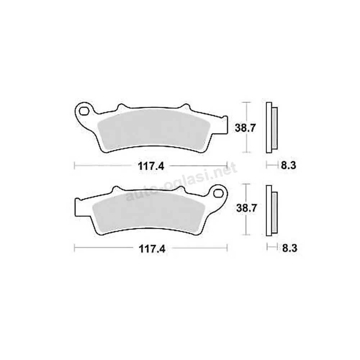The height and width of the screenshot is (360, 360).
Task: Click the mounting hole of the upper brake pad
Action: point(84,112)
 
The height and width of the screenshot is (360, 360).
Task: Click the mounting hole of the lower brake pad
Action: point(219,193)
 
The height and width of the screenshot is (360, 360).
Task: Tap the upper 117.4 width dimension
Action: point(151,166)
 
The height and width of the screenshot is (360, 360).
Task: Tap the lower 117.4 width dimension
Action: point(152,248)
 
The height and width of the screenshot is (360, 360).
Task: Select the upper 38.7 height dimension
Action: point(245,128)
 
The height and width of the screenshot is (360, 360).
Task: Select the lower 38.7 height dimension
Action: point(247,208)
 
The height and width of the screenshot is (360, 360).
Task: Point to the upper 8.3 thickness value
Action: point(289,165)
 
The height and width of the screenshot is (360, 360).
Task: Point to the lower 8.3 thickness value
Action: point(290,248)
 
